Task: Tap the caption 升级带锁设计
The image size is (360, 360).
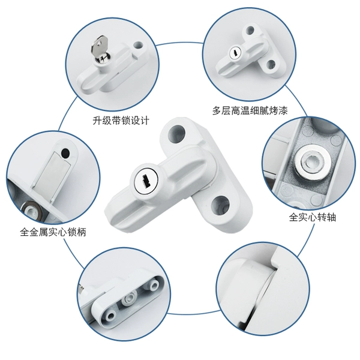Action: tap(121, 121)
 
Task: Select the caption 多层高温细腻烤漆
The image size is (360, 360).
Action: tap(250, 110)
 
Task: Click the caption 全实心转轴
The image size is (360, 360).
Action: tap(313, 217)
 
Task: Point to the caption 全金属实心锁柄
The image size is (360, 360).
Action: tap(53, 232)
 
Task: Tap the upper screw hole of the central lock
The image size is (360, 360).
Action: tap(177, 133)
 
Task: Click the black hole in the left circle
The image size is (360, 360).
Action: tap(65, 153)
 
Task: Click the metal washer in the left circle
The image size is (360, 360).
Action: tap(31, 209)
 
